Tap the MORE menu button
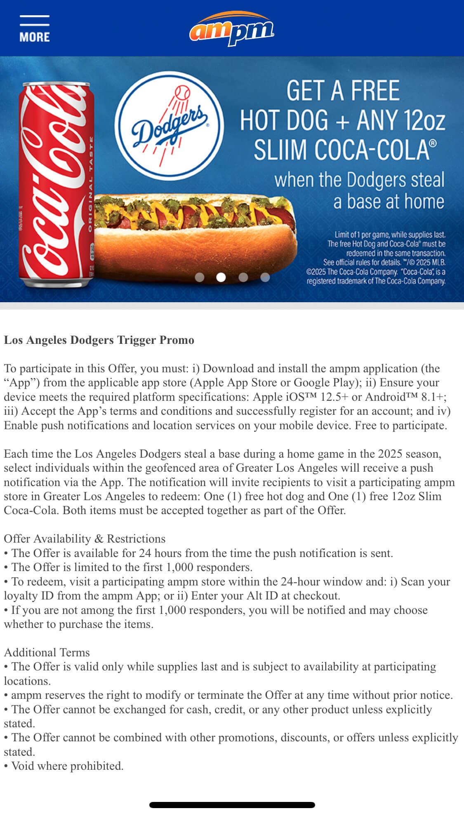(34, 29)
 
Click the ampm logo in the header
(232, 29)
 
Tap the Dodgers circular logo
(169, 125)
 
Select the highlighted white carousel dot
(221, 277)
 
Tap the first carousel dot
(200, 277)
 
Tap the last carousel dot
(265, 277)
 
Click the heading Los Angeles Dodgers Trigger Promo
(99, 340)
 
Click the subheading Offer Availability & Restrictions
(85, 539)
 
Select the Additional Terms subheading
(47, 652)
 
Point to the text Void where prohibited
(67, 766)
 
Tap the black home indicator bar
(232, 805)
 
